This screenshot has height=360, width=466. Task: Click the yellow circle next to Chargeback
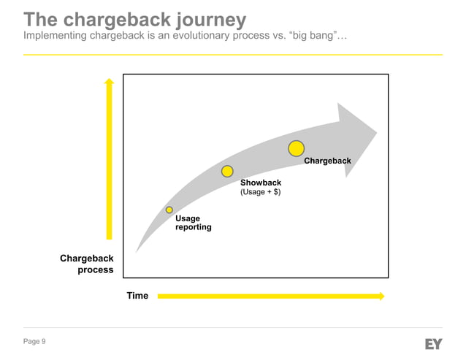(x=296, y=149)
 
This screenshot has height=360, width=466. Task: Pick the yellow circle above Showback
(x=227, y=172)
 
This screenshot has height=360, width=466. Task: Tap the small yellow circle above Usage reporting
(x=169, y=210)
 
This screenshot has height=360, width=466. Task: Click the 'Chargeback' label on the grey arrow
(x=327, y=161)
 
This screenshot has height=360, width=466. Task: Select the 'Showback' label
(x=261, y=183)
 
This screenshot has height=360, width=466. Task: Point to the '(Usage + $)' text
(x=261, y=192)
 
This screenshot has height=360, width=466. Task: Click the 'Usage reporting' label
(x=193, y=223)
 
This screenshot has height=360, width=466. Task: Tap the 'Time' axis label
(x=137, y=296)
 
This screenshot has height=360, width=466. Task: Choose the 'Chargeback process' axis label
(x=87, y=264)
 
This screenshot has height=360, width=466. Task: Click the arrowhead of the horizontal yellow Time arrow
(x=381, y=296)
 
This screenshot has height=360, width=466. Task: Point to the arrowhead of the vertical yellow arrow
(x=109, y=81)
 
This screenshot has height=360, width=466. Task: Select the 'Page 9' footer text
(x=34, y=342)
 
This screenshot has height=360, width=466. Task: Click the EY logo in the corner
(x=433, y=343)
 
